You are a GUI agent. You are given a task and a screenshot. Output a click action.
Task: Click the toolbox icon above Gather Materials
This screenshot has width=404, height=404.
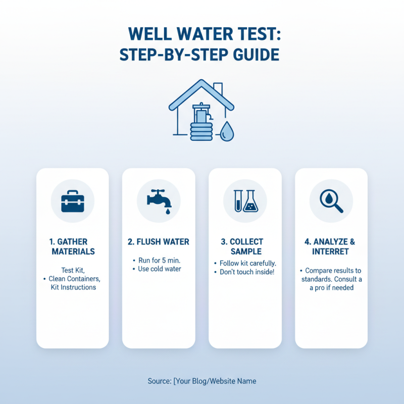coord(72,202)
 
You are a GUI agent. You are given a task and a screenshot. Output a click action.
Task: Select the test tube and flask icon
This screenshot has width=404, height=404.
coord(245,201)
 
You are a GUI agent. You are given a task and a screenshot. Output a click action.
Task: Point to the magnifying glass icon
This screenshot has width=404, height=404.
coord(331,201)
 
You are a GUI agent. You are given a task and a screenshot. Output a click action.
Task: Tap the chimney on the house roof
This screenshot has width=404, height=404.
coord(218,90)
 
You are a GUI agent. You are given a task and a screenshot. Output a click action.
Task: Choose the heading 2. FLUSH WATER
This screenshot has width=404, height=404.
coord(159,242)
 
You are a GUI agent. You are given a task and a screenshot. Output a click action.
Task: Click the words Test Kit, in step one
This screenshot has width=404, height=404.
coord(73,270)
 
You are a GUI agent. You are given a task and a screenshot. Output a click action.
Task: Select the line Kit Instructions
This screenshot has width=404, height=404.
coord(73,287)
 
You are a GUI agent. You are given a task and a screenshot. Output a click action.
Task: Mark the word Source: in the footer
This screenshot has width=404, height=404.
coord(159,381)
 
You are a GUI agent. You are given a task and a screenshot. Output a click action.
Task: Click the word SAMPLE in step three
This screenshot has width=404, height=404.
coord(245,251)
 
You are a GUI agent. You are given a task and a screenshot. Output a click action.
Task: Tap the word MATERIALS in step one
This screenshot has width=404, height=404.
coord(73,251)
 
